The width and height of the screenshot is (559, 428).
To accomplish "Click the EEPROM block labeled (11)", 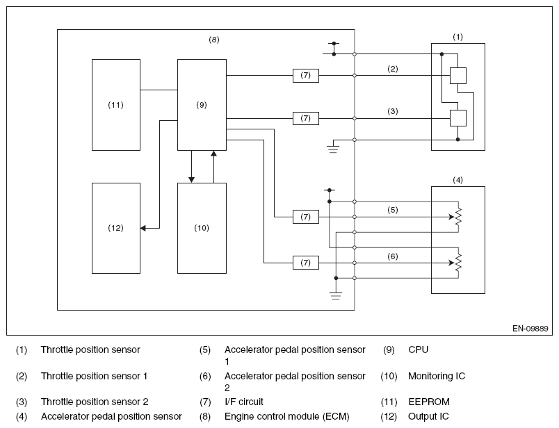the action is coord(116,105).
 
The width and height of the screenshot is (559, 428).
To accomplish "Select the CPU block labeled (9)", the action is coord(202,105).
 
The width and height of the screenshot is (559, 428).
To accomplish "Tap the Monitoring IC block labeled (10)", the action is coord(202,228).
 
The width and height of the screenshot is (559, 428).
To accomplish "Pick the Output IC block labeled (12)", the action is coord(116,228).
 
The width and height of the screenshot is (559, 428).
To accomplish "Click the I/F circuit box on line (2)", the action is coord(306,76).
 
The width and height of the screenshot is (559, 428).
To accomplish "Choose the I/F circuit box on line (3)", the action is coord(306,118).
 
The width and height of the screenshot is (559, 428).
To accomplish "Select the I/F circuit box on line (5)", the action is coord(306,217).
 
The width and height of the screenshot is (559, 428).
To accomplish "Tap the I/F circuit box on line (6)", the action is coord(306,263).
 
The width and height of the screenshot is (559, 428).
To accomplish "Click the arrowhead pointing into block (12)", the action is coord(143,228).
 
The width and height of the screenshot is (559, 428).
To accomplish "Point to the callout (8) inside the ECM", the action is coord(214,40).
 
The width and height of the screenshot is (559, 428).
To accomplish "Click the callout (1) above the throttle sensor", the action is coord(457,37).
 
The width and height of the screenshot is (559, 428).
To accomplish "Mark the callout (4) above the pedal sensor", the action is coord(457,180).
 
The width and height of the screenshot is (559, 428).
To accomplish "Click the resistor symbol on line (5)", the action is coord(458,217).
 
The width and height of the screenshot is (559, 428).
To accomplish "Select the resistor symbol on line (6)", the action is coord(458,263).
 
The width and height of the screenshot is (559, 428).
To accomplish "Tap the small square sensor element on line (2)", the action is coord(457,76).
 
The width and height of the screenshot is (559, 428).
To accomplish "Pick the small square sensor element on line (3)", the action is coord(457,118).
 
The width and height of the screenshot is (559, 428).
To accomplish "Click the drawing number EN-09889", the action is coord(530,329).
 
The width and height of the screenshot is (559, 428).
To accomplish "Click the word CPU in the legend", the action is coord(418,349).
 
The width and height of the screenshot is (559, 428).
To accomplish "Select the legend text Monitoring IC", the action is coord(437,376).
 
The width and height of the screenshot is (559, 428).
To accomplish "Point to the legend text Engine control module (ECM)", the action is coord(287,416).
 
